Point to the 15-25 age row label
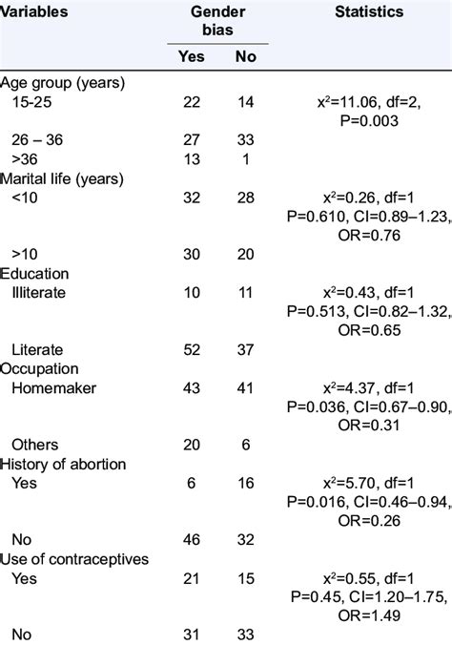tap(34, 103)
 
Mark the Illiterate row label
tap(39, 292)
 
